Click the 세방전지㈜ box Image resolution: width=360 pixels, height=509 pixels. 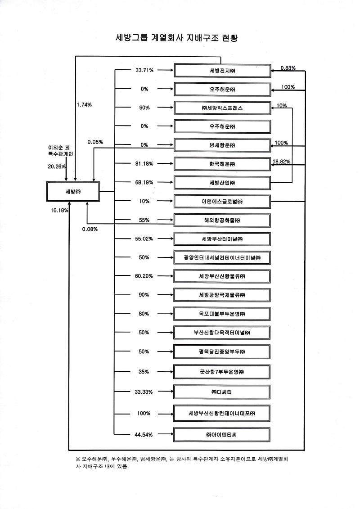point(222,71)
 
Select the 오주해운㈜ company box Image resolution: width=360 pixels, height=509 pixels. point(222,89)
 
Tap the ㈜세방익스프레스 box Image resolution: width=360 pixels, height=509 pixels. point(222,108)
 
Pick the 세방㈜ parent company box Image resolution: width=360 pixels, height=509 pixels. point(72,192)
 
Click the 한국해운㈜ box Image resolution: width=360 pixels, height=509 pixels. point(222,164)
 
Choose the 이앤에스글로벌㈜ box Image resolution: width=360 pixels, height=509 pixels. point(222,201)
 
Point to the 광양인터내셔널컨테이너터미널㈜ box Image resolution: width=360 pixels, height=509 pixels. point(222,257)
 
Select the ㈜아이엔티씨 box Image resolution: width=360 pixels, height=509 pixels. point(222,435)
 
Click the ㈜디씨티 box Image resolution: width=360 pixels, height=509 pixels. point(222,392)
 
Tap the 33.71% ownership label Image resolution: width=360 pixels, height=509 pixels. point(144,71)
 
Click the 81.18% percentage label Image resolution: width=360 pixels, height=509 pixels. point(144,164)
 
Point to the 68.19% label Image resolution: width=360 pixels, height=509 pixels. point(144,183)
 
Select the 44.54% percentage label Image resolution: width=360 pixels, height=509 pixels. point(144,435)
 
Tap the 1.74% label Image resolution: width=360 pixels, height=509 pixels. point(84,104)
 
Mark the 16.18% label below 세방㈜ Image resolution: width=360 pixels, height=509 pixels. point(59,210)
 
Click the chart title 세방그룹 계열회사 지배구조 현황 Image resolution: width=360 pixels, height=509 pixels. point(176,38)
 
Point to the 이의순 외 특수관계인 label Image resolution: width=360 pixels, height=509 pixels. point(61,151)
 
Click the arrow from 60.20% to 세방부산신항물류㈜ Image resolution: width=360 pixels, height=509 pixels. point(165,276)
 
